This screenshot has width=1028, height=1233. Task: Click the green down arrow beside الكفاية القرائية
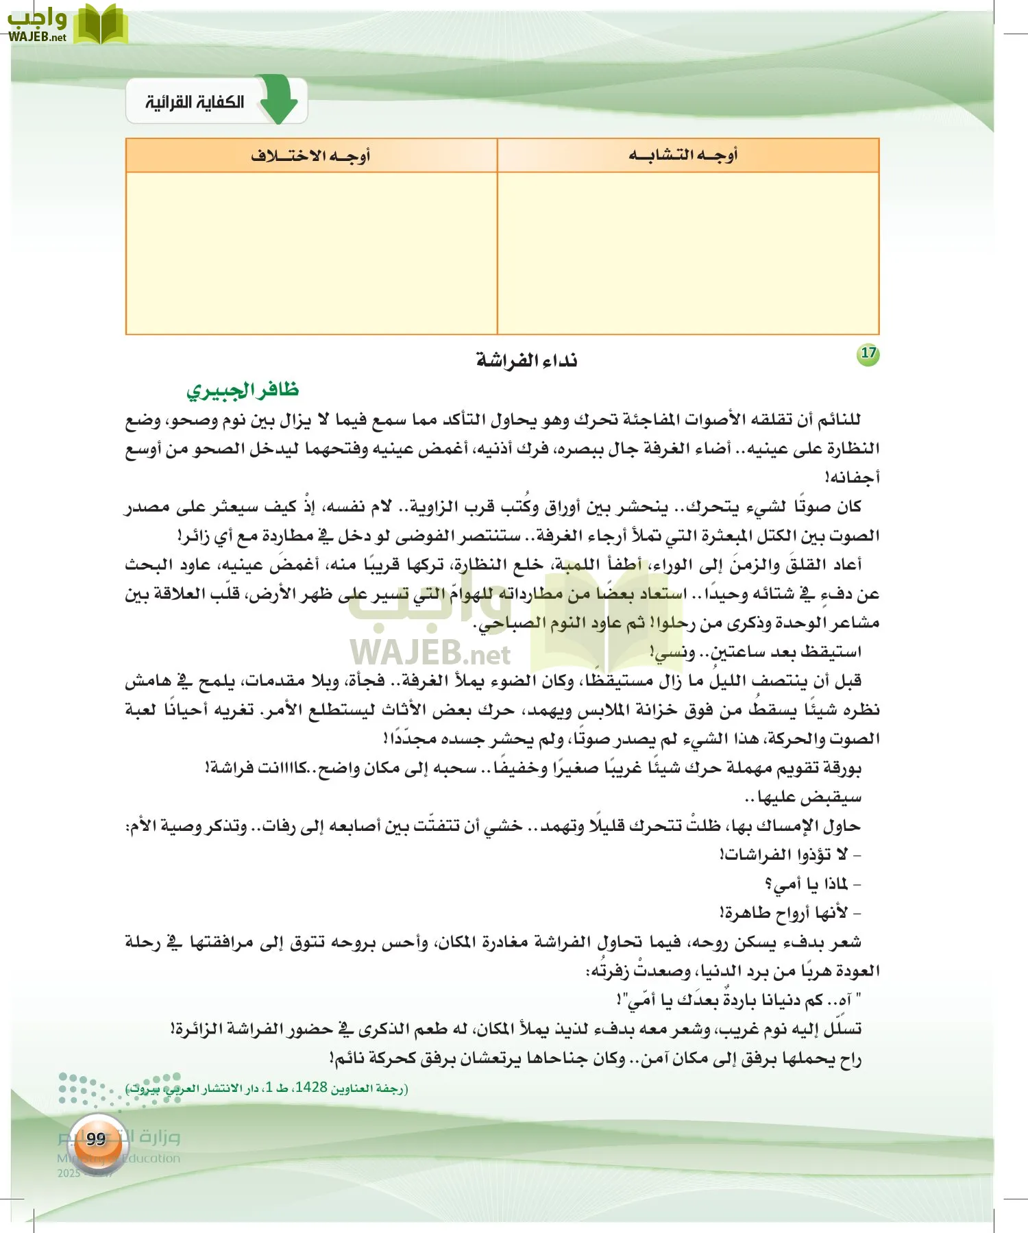[279, 102]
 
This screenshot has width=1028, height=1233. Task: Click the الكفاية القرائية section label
[195, 103]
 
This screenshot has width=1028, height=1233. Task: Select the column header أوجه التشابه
[683, 155]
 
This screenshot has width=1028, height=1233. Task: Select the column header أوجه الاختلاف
[310, 155]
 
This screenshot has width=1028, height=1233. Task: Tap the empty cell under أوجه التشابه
[687, 253]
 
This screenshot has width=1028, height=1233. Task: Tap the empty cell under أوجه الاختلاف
[312, 253]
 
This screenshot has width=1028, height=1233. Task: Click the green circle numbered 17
[868, 353]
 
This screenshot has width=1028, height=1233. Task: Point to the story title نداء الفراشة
[526, 360]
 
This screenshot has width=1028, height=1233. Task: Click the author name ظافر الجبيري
[243, 390]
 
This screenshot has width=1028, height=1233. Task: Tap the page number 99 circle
[96, 1138]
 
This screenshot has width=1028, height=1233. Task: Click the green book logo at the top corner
[100, 25]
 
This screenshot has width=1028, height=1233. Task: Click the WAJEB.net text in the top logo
[37, 37]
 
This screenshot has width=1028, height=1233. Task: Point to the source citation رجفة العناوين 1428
[267, 1088]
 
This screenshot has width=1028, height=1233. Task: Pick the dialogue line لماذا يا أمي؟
[812, 884]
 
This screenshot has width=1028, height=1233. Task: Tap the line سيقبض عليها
[803, 797]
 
